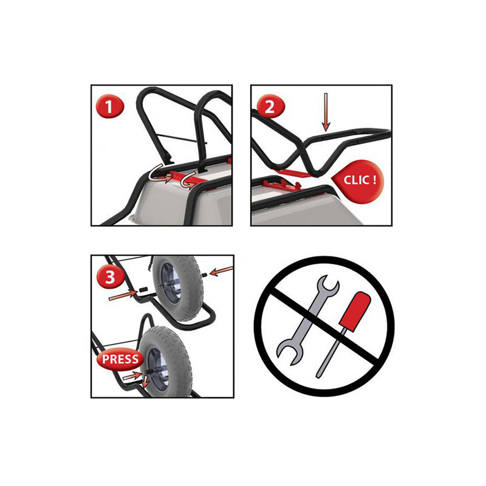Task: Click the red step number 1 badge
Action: (x=110, y=106)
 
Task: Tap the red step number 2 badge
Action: (x=270, y=106)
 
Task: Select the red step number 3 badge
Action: (x=111, y=276)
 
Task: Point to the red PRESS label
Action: (x=120, y=360)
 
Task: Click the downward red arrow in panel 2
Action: (x=326, y=112)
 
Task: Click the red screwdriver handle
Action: (x=355, y=310)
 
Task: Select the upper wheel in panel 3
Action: (x=177, y=287)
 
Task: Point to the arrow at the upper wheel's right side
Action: (x=221, y=271)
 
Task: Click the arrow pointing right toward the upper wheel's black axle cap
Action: (x=123, y=295)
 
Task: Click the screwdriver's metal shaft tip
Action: (x=318, y=375)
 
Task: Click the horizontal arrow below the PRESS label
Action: (x=132, y=376)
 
